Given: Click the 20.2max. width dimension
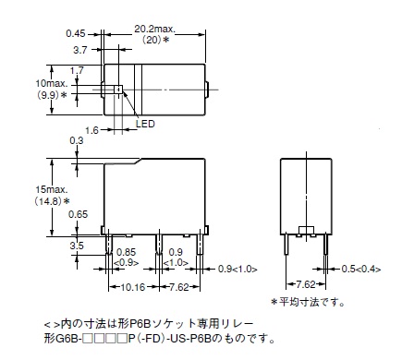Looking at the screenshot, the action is coord(154,30).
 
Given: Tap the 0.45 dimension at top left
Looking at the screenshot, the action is coord(76,33).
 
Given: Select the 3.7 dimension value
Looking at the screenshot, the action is coord(80,50).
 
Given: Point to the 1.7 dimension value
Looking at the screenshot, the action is coord(77,70).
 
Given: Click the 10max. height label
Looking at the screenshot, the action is coord(51,83).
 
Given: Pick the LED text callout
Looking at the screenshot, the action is coord(145,124).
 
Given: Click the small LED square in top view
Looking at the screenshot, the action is coord(118,90).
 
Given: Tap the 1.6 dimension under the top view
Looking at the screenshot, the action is coord(91,130).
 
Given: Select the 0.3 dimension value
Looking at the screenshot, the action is coord(77,140).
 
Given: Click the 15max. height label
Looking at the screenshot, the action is coord(51,189).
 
